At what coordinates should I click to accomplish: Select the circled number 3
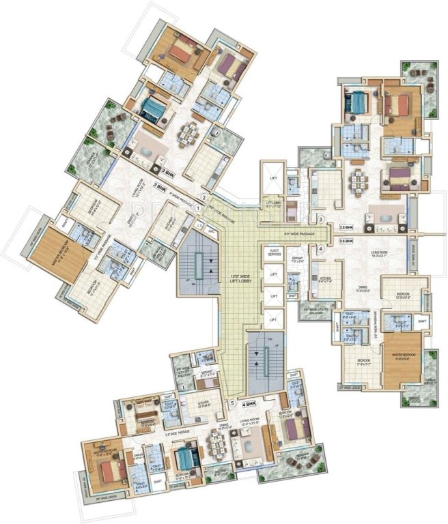(320, 219)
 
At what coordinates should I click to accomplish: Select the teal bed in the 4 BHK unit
(184, 456)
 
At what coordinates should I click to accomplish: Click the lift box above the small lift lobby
(272, 179)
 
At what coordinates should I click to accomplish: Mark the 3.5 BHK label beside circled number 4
(346, 242)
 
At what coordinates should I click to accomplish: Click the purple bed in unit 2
(231, 66)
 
